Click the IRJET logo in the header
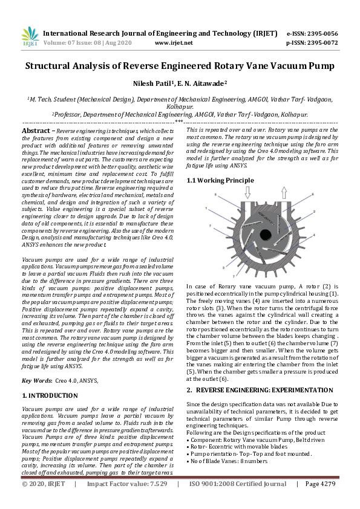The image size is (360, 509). (x=30, y=38)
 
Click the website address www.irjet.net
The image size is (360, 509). (x=174, y=43)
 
